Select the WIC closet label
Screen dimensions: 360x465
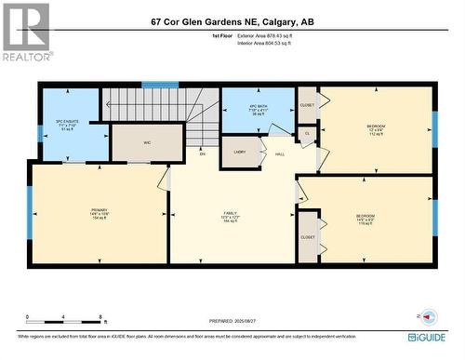point(146,142)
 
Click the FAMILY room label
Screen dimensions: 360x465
point(229,213)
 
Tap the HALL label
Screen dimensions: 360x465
point(280,156)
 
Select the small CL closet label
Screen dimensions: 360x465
point(307,134)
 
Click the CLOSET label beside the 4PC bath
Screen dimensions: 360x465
point(306,104)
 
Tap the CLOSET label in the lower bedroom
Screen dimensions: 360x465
point(308,237)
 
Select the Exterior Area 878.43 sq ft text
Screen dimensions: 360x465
point(279,34)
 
